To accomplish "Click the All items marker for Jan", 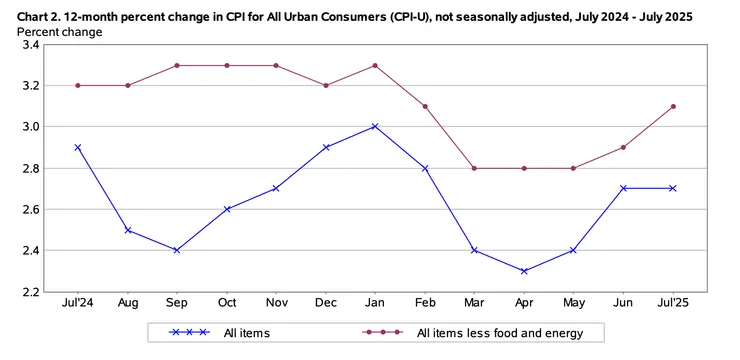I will click(x=374, y=127).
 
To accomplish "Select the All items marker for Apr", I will click(x=523, y=271).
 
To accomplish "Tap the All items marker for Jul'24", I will click(x=77, y=147).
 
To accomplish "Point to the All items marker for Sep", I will click(x=176, y=250).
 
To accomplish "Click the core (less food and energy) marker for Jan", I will click(x=374, y=65).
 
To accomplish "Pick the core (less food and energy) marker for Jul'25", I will click(x=672, y=106).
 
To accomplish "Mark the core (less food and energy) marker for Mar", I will click(x=473, y=168).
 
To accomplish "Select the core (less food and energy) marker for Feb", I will click(x=424, y=106).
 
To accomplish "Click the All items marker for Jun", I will click(x=622, y=188).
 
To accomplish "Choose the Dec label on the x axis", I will click(x=325, y=302).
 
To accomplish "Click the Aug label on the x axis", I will click(x=127, y=302).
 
